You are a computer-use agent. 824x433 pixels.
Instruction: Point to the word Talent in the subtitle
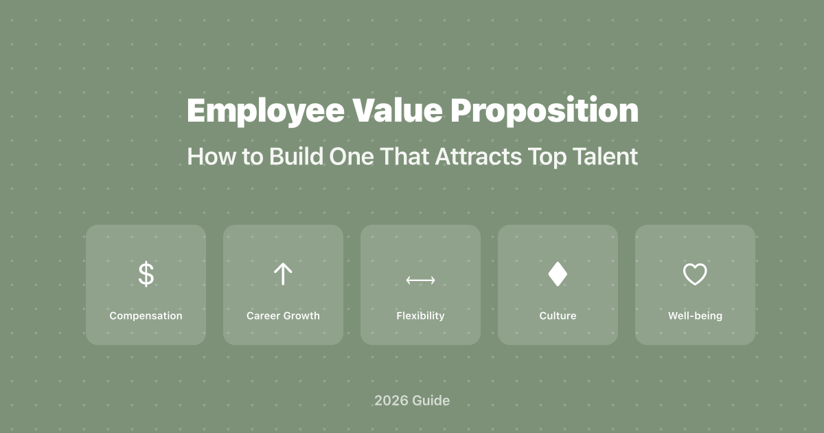(x=605, y=157)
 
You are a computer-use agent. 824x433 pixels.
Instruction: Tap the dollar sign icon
(x=146, y=274)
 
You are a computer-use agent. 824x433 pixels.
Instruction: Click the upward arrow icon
(x=283, y=274)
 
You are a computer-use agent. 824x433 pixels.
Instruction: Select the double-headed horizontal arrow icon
(x=420, y=280)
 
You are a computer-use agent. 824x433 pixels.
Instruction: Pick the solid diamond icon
(x=558, y=274)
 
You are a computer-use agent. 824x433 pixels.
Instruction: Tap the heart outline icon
(x=695, y=275)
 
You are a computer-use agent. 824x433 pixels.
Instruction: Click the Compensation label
(x=146, y=316)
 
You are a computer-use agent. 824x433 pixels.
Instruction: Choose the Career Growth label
(x=283, y=316)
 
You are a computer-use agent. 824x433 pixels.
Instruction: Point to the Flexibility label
(x=420, y=316)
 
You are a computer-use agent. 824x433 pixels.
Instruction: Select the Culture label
(x=558, y=316)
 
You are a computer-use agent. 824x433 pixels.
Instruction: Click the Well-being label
(x=695, y=316)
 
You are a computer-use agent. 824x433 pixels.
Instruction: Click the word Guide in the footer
(x=431, y=400)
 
